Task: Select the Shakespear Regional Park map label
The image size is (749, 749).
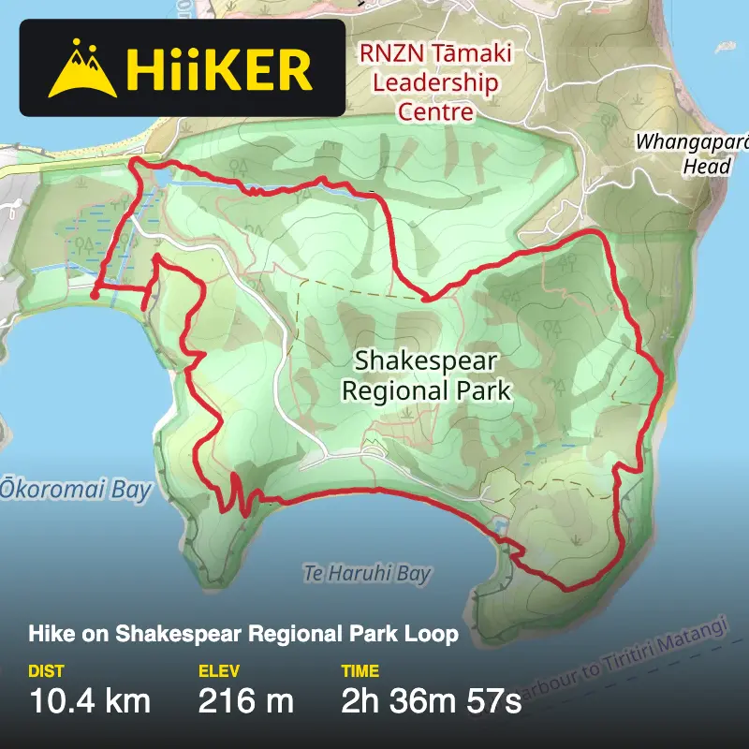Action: pyautogui.click(x=426, y=375)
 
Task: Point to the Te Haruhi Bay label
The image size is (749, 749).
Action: pyautogui.click(x=367, y=573)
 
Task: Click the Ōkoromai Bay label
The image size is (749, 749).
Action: pyautogui.click(x=75, y=490)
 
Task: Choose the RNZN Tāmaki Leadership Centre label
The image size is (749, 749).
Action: pyautogui.click(x=435, y=82)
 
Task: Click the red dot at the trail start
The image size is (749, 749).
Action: pyautogui.click(x=94, y=296)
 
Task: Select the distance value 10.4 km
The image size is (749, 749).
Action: pyautogui.click(x=90, y=700)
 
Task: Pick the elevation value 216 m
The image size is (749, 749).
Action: pyautogui.click(x=246, y=700)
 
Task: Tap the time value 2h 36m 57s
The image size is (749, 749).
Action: pyautogui.click(x=431, y=700)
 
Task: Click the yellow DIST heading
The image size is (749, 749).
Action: pyautogui.click(x=46, y=670)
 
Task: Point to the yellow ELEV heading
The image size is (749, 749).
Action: pyautogui.click(x=218, y=670)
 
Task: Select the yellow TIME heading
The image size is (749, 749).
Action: pyautogui.click(x=360, y=670)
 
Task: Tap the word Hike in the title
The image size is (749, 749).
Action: pyautogui.click(x=48, y=634)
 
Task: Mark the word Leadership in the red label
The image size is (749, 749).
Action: pyautogui.click(x=435, y=82)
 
